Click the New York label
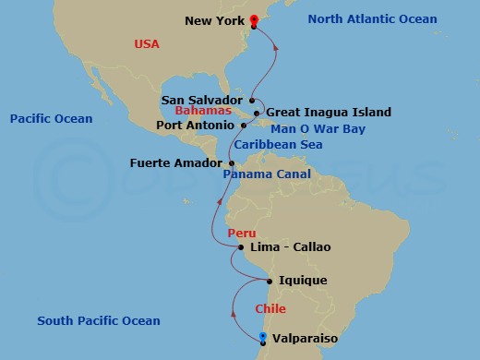coord(215,19)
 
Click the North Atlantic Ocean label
coord(372,19)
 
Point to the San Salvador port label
coord(202,99)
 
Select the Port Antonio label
coord(194,125)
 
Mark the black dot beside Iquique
coord(269,281)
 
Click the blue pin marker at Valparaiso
coord(263,337)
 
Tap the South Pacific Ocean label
coord(99,321)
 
